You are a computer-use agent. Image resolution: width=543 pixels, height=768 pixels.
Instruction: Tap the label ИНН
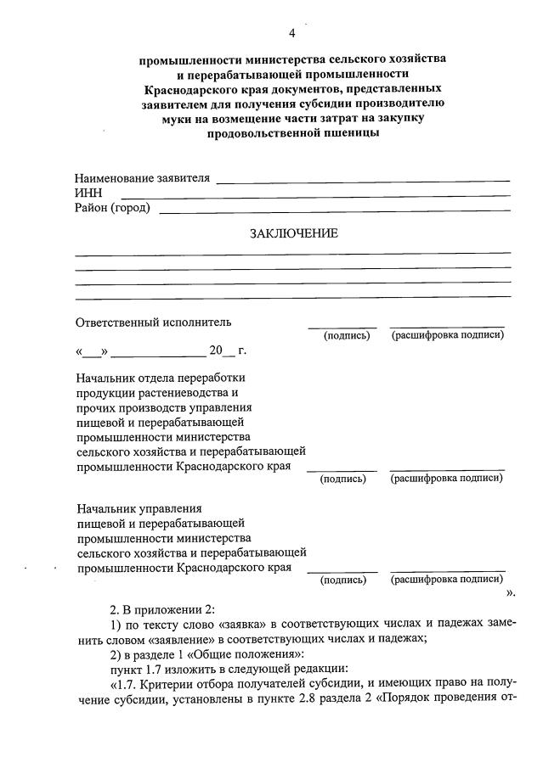(88, 193)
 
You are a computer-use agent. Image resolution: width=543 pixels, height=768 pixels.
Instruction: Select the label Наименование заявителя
(141, 179)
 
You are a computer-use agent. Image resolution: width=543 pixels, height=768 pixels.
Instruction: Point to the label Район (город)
(112, 208)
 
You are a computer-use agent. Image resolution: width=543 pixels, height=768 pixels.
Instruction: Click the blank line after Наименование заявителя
(364, 181)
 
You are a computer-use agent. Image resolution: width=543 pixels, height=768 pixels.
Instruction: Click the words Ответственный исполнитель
(153, 322)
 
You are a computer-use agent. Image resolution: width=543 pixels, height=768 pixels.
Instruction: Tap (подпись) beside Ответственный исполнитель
(347, 336)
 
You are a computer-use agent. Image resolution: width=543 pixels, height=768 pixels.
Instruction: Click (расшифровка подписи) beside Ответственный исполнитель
(448, 336)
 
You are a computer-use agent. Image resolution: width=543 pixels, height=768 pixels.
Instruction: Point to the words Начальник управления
(138, 509)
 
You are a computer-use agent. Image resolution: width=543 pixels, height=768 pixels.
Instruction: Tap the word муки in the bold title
(178, 120)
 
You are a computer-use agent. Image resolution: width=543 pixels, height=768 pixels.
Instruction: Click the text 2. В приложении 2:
(164, 610)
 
